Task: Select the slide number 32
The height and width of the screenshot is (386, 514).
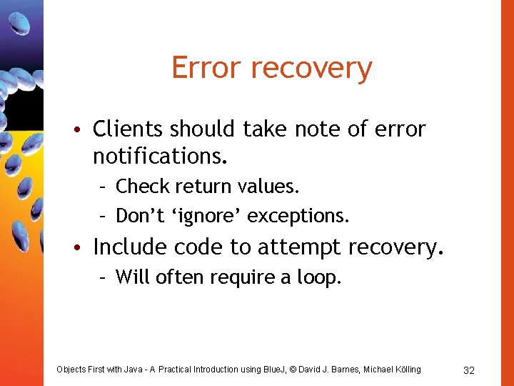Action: [469, 370]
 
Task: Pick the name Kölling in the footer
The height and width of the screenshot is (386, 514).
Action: [405, 369]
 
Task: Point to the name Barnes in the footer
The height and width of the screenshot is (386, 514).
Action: [346, 369]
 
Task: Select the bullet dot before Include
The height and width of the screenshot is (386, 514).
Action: [84, 248]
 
